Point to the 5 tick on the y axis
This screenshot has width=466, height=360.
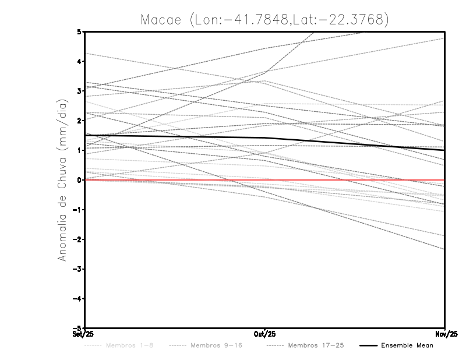79,31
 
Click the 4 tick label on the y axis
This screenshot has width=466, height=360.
79,61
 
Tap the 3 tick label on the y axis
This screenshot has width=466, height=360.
79,91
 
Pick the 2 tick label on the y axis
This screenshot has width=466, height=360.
79,121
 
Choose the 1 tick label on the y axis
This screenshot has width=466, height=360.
79,150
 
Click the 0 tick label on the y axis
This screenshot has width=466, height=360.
79,180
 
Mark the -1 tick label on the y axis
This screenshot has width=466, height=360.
77,210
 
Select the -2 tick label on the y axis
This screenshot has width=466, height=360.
77,239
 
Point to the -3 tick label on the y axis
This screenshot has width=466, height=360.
77,269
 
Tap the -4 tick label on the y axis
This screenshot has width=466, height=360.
77,299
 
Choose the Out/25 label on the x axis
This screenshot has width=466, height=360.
265,334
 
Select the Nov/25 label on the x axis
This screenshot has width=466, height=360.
445,334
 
